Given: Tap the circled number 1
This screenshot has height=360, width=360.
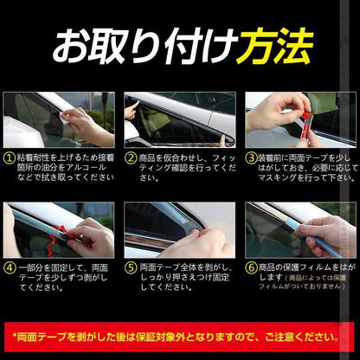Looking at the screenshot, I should click(10, 159).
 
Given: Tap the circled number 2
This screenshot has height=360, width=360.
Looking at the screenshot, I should click(130, 159).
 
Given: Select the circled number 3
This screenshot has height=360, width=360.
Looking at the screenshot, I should click(250, 159).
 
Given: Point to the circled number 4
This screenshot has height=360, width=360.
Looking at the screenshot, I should click(10, 268).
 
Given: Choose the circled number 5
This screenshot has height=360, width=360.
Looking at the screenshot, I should click(130, 268).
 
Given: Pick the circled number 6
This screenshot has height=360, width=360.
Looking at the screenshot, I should click(250, 268).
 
